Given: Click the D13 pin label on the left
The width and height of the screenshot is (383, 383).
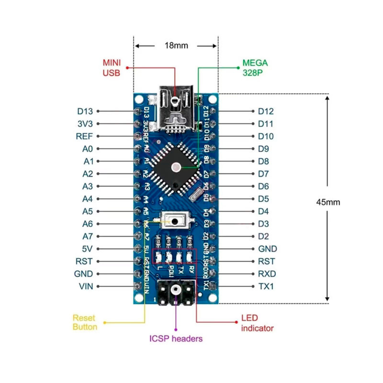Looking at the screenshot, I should point(85,111).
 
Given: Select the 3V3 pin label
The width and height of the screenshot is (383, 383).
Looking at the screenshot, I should point(85,124).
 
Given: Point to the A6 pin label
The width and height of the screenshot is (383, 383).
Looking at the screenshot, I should point(87,224).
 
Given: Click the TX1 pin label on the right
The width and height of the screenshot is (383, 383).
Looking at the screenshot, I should point(266,286).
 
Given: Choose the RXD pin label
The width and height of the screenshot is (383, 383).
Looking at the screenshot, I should point(267,274).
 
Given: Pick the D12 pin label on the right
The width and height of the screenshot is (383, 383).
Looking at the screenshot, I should point(266,111).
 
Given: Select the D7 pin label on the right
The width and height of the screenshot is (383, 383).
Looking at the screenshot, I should point(263,174).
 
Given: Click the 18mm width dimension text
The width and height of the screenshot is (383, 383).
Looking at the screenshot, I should point(176,46).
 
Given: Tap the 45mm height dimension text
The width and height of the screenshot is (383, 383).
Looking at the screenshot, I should point(328,202).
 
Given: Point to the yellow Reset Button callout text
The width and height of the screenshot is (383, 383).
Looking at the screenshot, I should point(85,322).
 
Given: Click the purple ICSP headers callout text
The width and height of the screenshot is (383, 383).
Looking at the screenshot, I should point(176,339).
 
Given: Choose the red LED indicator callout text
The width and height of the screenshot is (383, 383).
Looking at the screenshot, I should point(257,323).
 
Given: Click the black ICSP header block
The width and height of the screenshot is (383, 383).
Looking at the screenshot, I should point(176,293).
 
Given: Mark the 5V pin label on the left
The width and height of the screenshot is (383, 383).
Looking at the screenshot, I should point(87,249).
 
